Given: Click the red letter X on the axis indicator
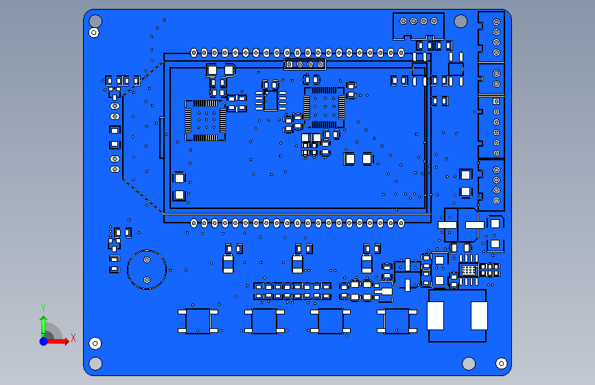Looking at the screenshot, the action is (x=73, y=338).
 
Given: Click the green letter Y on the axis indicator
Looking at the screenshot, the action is (x=43, y=308).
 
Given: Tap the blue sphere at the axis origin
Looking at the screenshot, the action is (x=44, y=341).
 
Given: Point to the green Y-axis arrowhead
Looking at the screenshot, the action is (x=44, y=320).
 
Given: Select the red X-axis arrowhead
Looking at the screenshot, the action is (x=65, y=341).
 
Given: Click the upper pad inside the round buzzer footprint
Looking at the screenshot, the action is (x=147, y=260).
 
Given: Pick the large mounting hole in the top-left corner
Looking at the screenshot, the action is (x=95, y=21).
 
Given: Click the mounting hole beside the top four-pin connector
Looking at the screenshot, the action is (x=460, y=21).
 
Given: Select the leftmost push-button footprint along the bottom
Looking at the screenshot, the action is (x=198, y=321).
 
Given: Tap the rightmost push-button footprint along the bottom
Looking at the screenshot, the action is (x=397, y=321).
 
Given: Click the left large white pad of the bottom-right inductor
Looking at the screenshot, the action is (x=435, y=316).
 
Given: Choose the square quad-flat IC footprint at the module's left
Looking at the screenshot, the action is (x=205, y=121).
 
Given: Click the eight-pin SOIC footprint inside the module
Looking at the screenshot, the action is (x=270, y=101).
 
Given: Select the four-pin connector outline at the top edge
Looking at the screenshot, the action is (x=419, y=26).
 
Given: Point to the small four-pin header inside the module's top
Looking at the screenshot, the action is (x=305, y=64).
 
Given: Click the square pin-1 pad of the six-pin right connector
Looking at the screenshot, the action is (x=496, y=101).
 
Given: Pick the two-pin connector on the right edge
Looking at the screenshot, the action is (x=491, y=79).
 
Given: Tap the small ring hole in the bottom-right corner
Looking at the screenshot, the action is (x=501, y=363).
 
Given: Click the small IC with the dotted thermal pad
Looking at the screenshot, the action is (x=469, y=270).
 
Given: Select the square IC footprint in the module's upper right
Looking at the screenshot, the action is (x=324, y=108).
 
